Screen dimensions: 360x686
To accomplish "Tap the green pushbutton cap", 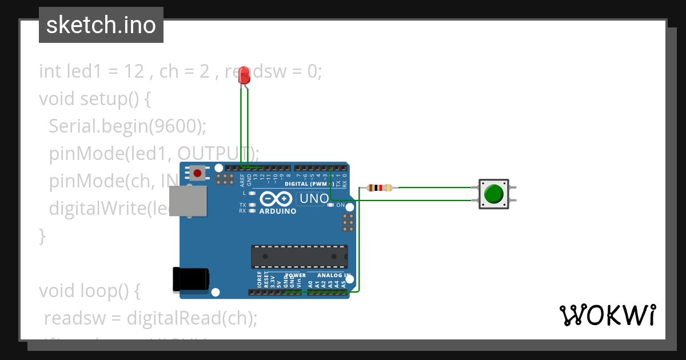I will pyautogui.click(x=493, y=194).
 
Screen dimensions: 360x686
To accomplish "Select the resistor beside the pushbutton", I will pyautogui.click(x=380, y=187).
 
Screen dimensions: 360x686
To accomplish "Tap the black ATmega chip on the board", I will pyautogui.click(x=300, y=257).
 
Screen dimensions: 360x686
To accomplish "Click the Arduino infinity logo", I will pyautogui.click(x=277, y=198).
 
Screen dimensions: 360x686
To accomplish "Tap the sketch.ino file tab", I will pyautogui.click(x=101, y=25).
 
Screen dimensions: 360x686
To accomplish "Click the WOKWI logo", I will pyautogui.click(x=607, y=315).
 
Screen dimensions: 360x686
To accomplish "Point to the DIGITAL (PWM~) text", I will pyautogui.click(x=308, y=184).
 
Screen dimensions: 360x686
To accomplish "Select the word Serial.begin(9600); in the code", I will pyautogui.click(x=127, y=126).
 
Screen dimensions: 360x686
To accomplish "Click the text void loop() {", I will pyautogui.click(x=90, y=290).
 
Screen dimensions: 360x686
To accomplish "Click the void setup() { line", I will pyautogui.click(x=95, y=98).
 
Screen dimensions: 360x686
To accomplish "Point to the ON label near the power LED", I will pyautogui.click(x=341, y=205).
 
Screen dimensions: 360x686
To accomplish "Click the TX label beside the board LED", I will pyautogui.click(x=242, y=205).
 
